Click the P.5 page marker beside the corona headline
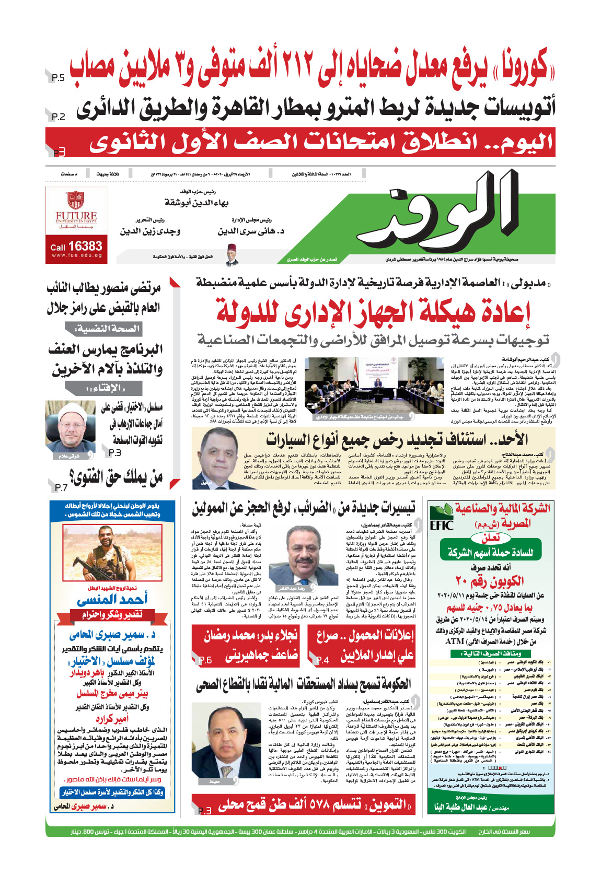[58, 78]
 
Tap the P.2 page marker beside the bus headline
[59, 117]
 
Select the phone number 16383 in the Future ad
[85, 246]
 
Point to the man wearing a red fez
[232, 255]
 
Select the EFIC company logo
[441, 519]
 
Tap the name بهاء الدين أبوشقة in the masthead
[197, 203]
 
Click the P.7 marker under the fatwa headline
[61, 487]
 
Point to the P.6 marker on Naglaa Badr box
[205, 660]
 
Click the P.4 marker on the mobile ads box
[322, 660]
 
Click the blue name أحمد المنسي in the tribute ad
[112, 599]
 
